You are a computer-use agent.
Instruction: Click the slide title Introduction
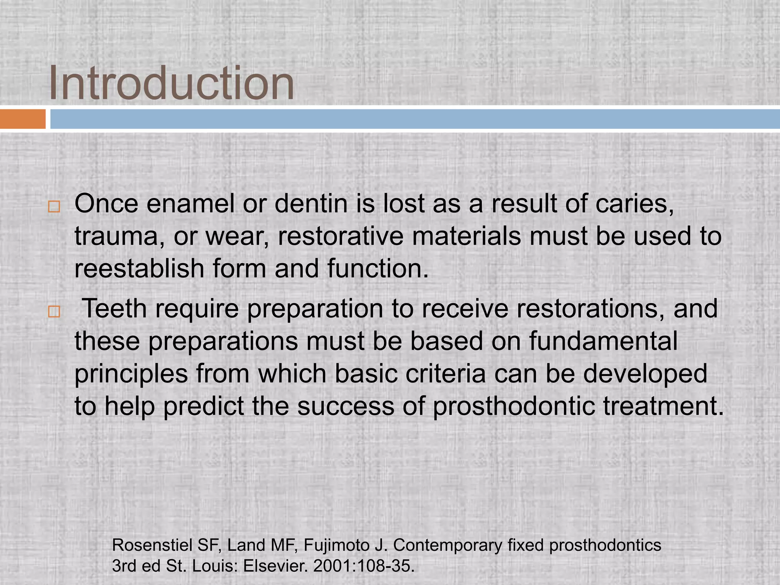pyautogui.click(x=171, y=83)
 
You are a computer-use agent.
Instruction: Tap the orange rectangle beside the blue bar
pyautogui.click(x=22, y=119)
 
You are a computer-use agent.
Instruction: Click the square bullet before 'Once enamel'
pyautogui.click(x=54, y=207)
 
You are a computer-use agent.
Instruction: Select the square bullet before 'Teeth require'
pyautogui.click(x=54, y=312)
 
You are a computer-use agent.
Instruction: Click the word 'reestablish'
pyautogui.click(x=139, y=269)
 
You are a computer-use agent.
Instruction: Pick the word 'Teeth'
pyautogui.click(x=114, y=308)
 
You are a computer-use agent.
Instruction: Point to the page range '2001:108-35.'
pyautogui.click(x=364, y=566)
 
